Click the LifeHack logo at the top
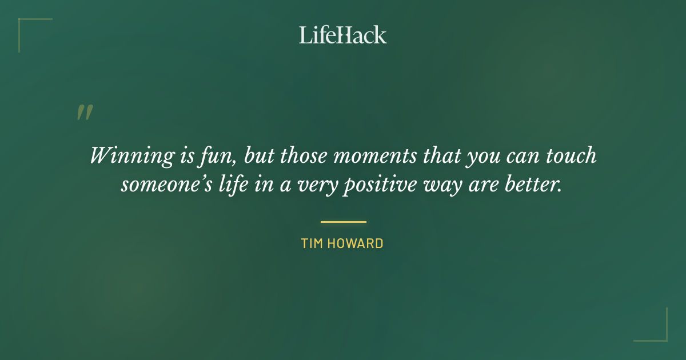click(x=342, y=35)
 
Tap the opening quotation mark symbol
click(x=84, y=112)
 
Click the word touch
click(x=572, y=156)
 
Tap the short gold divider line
click(x=343, y=222)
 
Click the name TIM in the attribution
click(x=313, y=244)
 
